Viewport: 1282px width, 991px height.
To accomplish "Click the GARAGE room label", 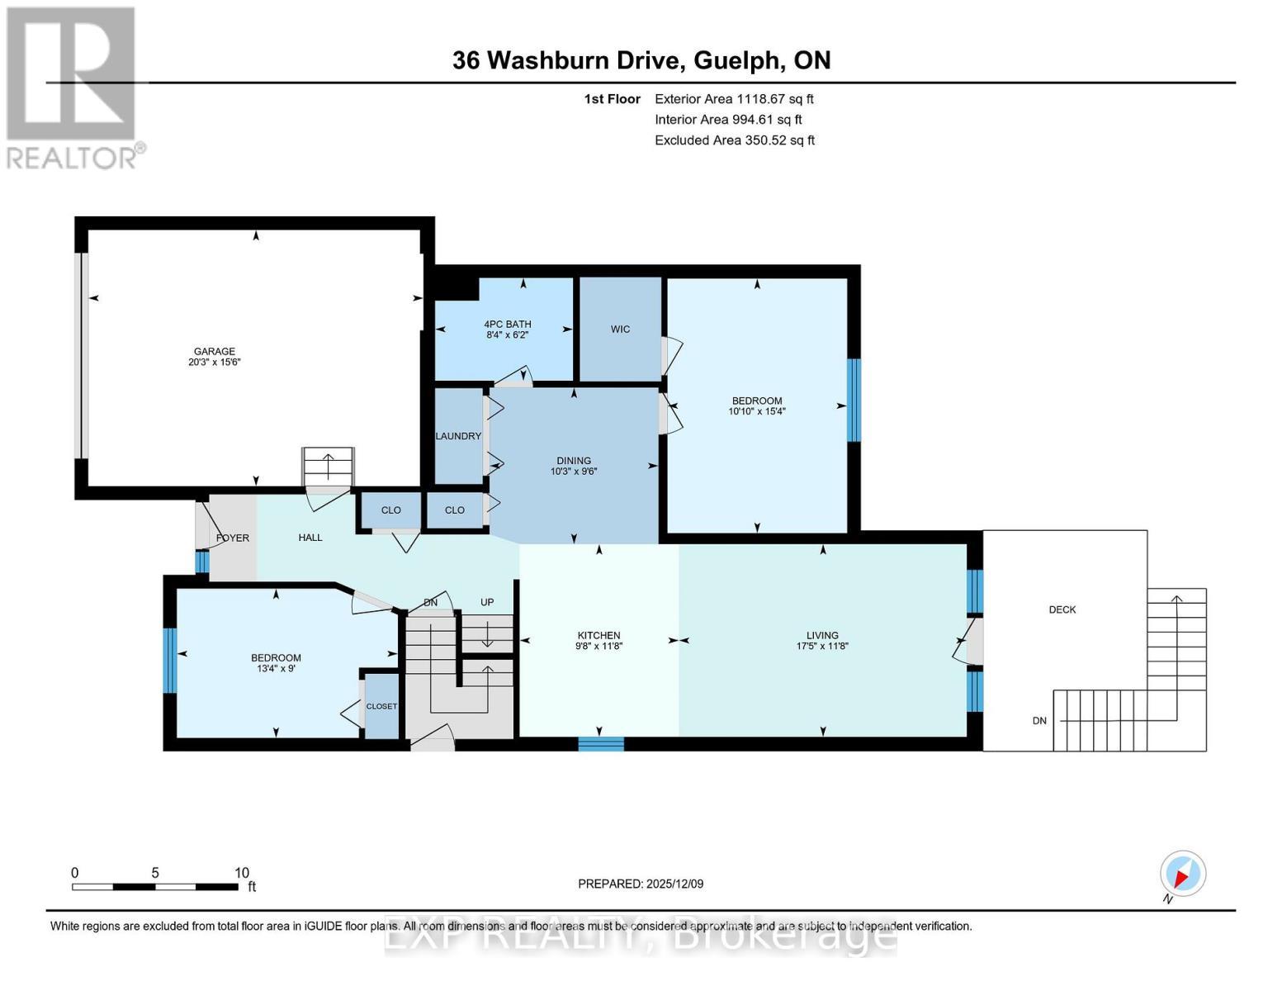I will [x=215, y=351].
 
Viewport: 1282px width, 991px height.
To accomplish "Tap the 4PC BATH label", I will [x=507, y=324].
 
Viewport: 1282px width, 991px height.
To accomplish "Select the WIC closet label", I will [x=620, y=329].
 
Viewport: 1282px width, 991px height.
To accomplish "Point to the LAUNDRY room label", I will [x=458, y=436].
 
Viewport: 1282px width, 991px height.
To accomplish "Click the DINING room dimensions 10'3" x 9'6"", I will [x=573, y=472].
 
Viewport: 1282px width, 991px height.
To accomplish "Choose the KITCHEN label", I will [x=598, y=635].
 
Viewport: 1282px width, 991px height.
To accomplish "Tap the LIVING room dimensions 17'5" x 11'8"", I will [x=822, y=646].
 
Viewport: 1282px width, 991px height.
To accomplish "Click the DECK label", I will [x=1062, y=609].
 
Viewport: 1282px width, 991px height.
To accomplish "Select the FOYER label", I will [x=233, y=538].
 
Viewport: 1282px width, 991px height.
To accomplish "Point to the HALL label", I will [x=310, y=537].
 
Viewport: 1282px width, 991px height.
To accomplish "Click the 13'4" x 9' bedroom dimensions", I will [x=276, y=669].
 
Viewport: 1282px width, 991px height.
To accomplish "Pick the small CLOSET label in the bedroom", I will [x=381, y=706].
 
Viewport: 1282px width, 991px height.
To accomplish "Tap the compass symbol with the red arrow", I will [x=1182, y=874].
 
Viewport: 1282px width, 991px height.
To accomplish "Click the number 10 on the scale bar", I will [x=241, y=873].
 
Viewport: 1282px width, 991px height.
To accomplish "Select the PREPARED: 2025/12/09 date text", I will [x=641, y=884].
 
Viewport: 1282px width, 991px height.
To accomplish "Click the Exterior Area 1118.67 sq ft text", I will [x=734, y=98].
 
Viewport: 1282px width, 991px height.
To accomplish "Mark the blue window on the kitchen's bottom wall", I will [x=601, y=744].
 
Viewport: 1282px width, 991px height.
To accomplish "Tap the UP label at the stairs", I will [x=487, y=602].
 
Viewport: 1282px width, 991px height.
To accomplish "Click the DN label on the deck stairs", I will [x=1038, y=720].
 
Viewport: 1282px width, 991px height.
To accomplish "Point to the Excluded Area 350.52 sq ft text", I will [x=735, y=140].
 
